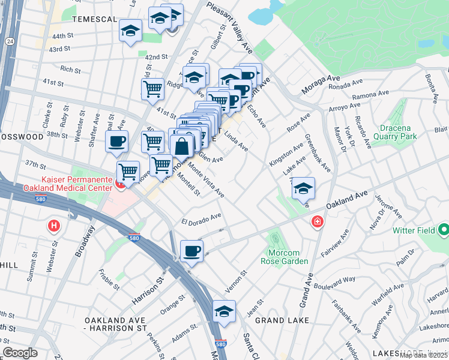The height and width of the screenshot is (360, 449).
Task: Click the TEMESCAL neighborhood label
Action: tap(94, 19)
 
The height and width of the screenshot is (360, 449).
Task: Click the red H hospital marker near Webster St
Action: tap(54, 226)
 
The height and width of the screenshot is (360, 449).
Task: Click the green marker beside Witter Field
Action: tap(443, 229)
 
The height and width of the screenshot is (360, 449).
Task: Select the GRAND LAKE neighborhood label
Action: tap(282, 320)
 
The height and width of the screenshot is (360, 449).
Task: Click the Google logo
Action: tap(20, 353)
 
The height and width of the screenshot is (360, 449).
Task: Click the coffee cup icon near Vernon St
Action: tap(191, 251)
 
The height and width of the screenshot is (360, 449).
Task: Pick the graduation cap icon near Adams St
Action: tap(224, 311)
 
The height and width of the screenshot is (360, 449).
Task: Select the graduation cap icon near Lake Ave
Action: tap(303, 188)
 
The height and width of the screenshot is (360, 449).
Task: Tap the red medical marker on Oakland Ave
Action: tap(316, 223)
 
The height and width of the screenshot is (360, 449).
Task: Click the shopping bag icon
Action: tap(181, 146)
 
